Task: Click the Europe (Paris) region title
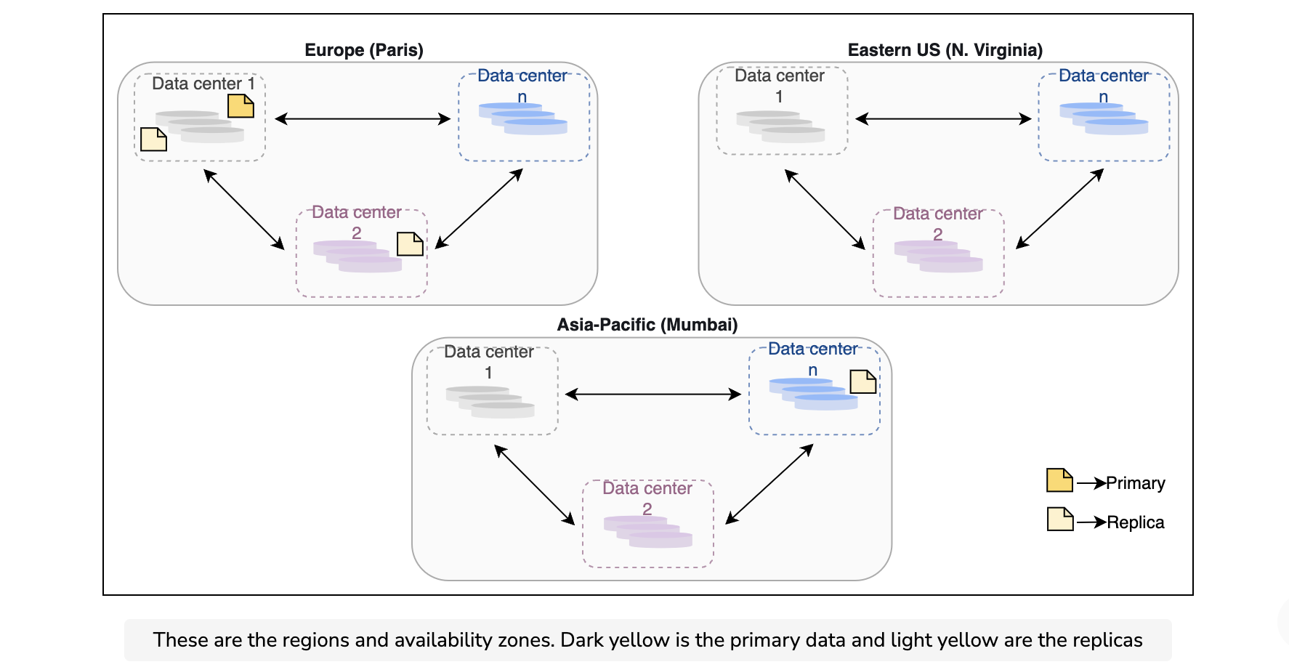tap(364, 50)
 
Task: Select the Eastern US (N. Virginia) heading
tap(945, 50)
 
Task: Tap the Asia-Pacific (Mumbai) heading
tap(647, 325)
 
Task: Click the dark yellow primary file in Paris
tap(241, 106)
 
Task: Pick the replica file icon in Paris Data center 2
tap(410, 244)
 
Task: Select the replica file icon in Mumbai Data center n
tap(863, 381)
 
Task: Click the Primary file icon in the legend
tap(1059, 480)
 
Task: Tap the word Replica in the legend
tap(1135, 522)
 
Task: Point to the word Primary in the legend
tap(1135, 483)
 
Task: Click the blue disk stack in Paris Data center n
tap(523, 119)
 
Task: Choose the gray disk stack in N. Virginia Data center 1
tap(780, 126)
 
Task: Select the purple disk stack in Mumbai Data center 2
tap(648, 531)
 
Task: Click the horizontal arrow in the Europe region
tap(363, 119)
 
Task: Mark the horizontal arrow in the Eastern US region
tap(943, 119)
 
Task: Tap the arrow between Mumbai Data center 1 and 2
tap(534, 485)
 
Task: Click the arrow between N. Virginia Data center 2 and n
tap(1059, 209)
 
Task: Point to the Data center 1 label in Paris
tap(203, 84)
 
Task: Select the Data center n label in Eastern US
tap(1104, 86)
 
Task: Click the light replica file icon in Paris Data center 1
tap(153, 139)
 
